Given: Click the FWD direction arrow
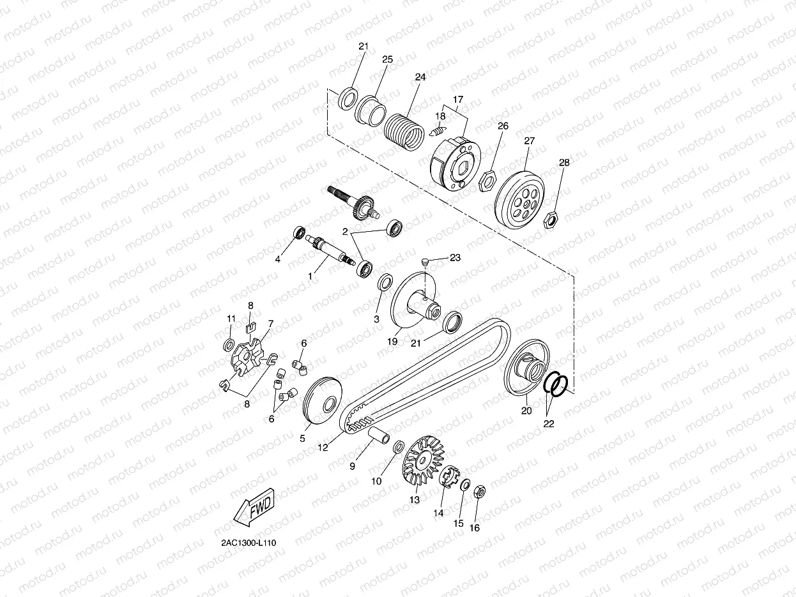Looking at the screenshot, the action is point(254,508).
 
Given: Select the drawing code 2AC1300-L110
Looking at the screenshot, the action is point(249,543).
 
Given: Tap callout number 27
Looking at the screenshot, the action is point(529,140).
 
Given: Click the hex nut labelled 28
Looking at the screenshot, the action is point(550,220).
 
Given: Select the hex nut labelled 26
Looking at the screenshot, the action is point(486,181).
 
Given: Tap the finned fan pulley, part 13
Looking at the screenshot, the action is point(423,460).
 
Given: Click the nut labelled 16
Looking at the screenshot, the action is point(479,492).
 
